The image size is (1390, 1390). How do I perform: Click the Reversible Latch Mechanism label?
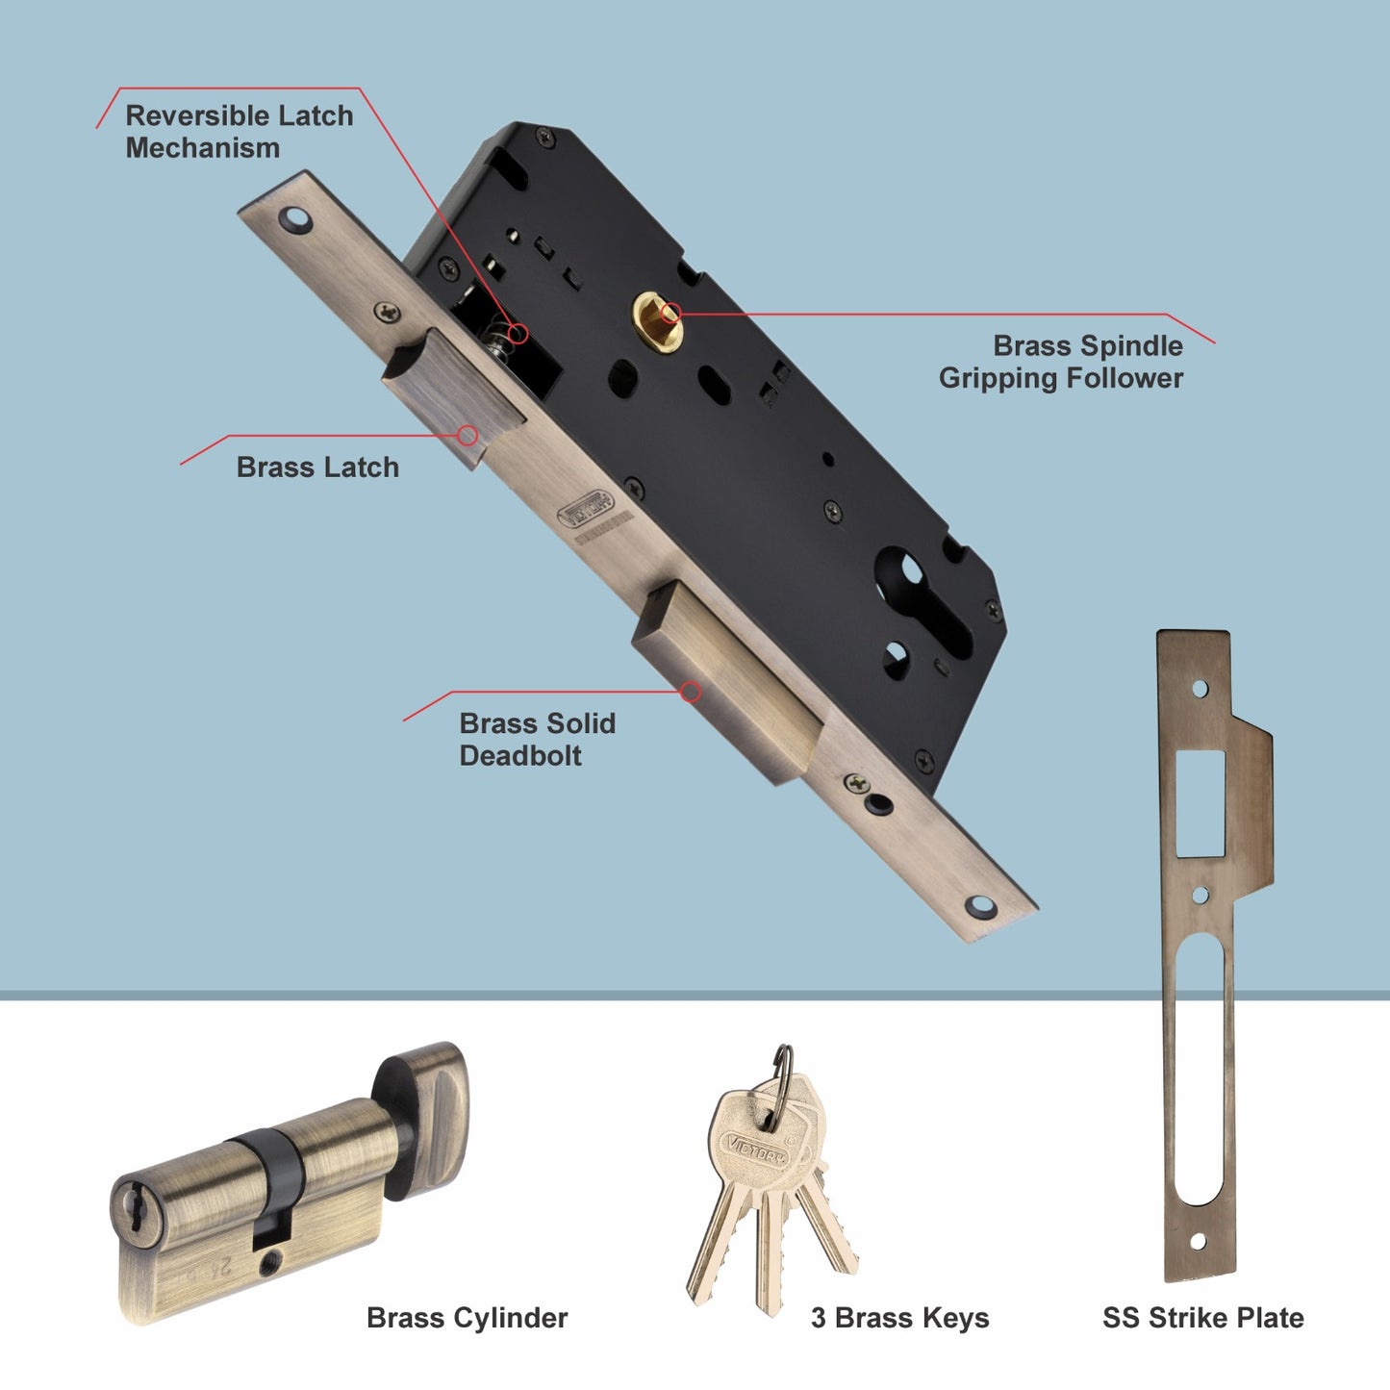[x=239, y=132]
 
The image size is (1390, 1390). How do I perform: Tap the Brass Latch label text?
[x=317, y=468]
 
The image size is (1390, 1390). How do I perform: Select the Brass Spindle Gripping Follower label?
[x=1061, y=362]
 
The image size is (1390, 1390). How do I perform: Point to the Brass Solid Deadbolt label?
[x=537, y=739]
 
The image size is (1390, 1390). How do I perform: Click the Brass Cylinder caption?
[x=467, y=1318]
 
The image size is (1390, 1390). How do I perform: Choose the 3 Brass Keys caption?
[x=899, y=1318]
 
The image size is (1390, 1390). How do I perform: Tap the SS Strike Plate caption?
[x=1202, y=1318]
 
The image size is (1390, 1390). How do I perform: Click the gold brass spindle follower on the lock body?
[x=657, y=319]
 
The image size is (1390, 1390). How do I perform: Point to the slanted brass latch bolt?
[x=452, y=394]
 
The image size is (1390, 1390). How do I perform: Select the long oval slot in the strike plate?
[x=1200, y=1068]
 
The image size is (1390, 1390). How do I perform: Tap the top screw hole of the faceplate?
[x=296, y=220]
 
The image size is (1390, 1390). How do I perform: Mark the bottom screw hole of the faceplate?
[x=979, y=906]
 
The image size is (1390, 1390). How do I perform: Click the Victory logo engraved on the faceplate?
[x=584, y=510]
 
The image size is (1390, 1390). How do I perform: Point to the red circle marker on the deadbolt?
[x=690, y=692]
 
